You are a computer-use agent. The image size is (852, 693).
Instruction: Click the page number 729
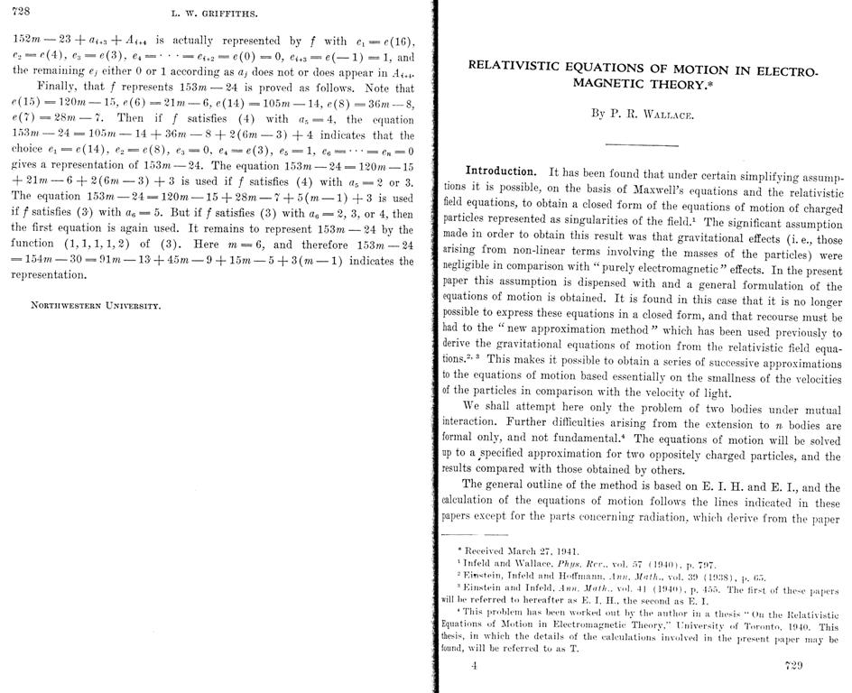[x=794, y=667]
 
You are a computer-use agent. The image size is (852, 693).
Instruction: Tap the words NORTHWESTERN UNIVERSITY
[x=97, y=305]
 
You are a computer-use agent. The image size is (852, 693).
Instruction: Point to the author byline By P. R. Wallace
[x=642, y=115]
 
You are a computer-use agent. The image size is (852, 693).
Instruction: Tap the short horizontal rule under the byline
[x=641, y=144]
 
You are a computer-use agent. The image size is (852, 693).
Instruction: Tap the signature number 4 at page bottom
[x=474, y=667]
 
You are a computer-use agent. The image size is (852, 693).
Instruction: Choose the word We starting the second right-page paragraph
[x=471, y=405]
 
